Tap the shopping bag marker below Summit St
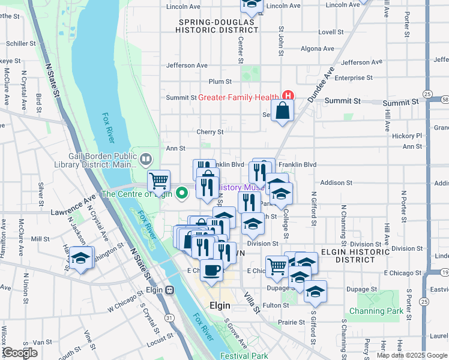[282, 111]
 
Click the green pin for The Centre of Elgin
[184, 193]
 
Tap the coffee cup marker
[211, 271]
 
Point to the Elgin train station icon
[170, 290]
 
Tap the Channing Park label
[376, 311]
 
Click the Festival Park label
[244, 356]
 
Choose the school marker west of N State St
[81, 259]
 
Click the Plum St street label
[220, 81]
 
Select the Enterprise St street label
[354, 78]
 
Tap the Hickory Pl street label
[408, 136]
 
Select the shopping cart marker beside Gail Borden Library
[159, 180]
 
